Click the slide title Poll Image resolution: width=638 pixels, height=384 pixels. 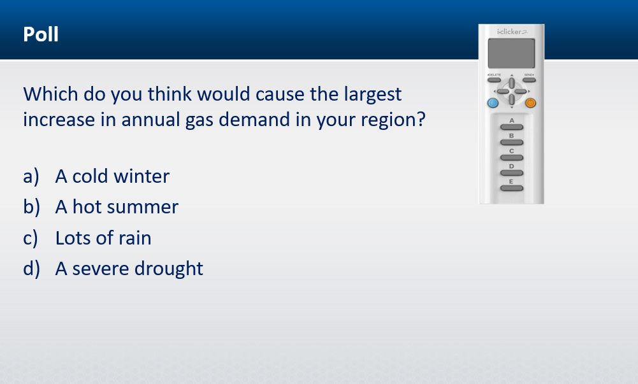(41, 34)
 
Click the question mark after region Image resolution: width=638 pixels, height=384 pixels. (421, 118)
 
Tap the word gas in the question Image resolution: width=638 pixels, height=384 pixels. (199, 121)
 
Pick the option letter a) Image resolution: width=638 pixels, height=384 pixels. (31, 177)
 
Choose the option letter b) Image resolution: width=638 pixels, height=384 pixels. (31, 207)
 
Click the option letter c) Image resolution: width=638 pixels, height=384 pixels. (31, 238)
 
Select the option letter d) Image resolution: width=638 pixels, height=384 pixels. (31, 269)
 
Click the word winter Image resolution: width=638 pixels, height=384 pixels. (141, 176)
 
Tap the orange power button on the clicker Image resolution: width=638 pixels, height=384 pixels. (530, 103)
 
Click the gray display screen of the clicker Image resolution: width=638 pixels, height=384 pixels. (511, 53)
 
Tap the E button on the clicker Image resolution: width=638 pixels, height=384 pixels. (512, 188)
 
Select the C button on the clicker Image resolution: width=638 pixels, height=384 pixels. (512, 158)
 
